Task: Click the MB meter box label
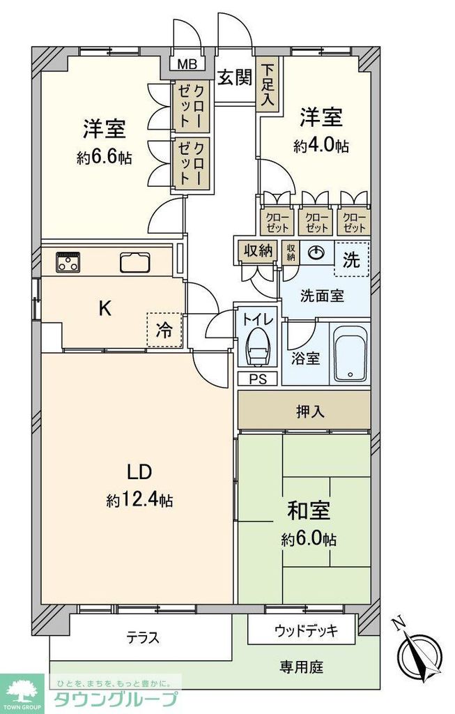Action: pyautogui.click(x=186, y=66)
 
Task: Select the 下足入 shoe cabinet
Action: pyautogui.click(x=268, y=85)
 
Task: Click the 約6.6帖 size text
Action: pyautogui.click(x=104, y=158)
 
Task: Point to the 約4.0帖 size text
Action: pyautogui.click(x=321, y=146)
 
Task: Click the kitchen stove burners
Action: pyautogui.click(x=68, y=261)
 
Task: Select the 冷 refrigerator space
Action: pyautogui.click(x=162, y=331)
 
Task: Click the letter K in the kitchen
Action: pyautogui.click(x=104, y=307)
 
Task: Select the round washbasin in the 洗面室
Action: pyautogui.click(x=317, y=252)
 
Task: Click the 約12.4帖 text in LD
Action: pyautogui.click(x=139, y=499)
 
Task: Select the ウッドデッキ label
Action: pyautogui.click(x=305, y=631)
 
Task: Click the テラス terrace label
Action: pyautogui.click(x=143, y=637)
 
